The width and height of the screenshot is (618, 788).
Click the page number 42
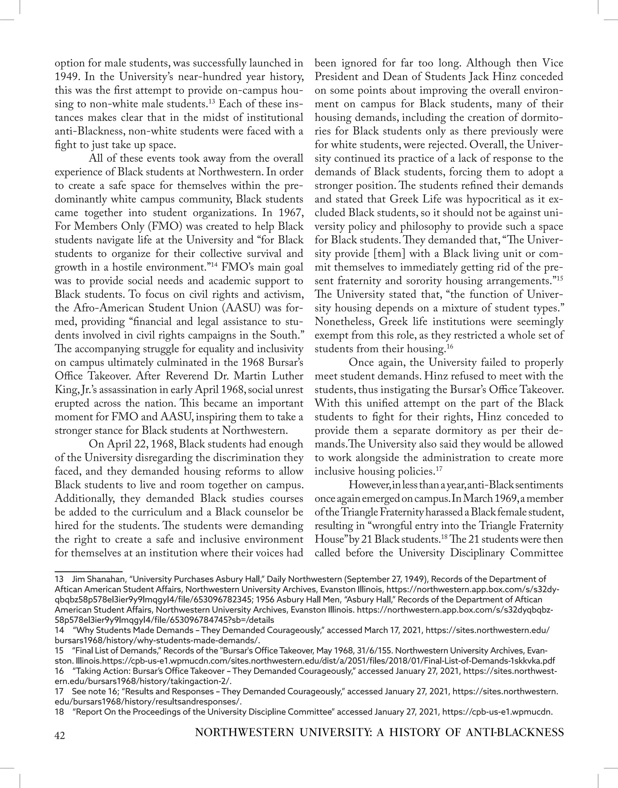60,735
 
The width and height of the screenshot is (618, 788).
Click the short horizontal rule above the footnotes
89,572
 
